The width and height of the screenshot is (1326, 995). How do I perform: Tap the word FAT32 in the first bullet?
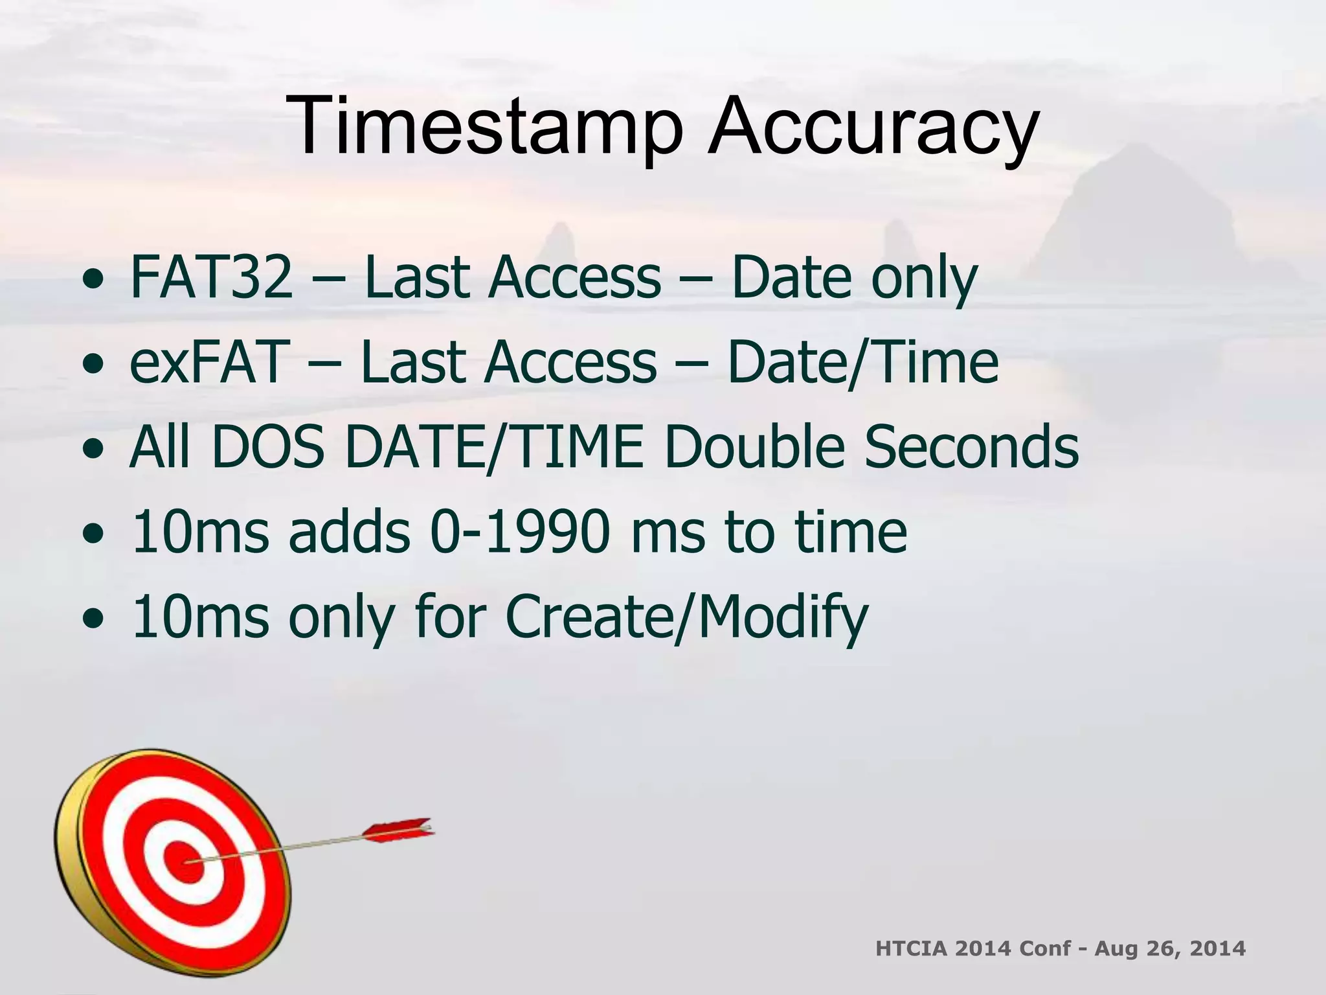tap(211, 277)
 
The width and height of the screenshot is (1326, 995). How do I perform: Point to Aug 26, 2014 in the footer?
tap(1170, 949)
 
